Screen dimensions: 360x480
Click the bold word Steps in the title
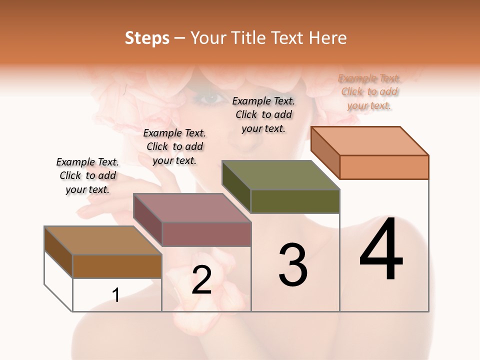(x=147, y=38)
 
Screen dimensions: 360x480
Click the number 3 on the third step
(x=292, y=265)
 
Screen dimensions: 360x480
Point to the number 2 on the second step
(x=201, y=280)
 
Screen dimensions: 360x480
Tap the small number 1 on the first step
(x=116, y=295)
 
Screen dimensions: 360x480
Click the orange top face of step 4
(x=370, y=141)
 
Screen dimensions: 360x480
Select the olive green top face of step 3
(x=281, y=175)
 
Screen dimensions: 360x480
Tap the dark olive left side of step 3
(x=236, y=187)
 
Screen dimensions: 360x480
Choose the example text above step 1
(x=87, y=175)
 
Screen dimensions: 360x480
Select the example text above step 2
(x=174, y=146)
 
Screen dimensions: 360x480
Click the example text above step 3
(x=263, y=114)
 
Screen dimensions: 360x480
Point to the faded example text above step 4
(x=369, y=91)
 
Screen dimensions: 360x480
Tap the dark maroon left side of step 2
(x=147, y=220)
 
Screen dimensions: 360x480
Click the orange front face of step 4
(x=384, y=167)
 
